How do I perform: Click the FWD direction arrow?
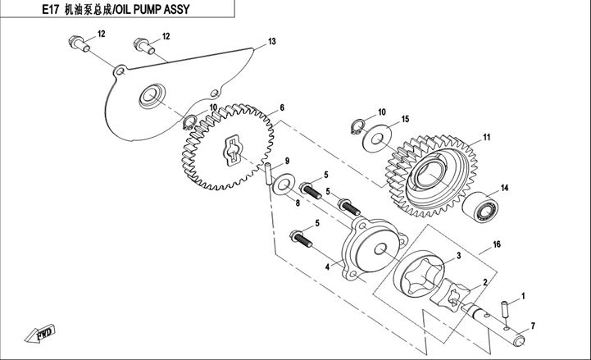pyautogui.click(x=39, y=334)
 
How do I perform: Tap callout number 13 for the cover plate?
pyautogui.click(x=272, y=42)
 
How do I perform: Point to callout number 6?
pyautogui.click(x=282, y=107)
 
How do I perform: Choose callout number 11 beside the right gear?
pyautogui.click(x=486, y=137)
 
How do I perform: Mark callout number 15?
pyautogui.click(x=405, y=120)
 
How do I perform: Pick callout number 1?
pyautogui.click(x=524, y=295)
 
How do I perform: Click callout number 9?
pyautogui.click(x=288, y=161)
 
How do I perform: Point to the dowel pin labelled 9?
pyautogui.click(x=269, y=173)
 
